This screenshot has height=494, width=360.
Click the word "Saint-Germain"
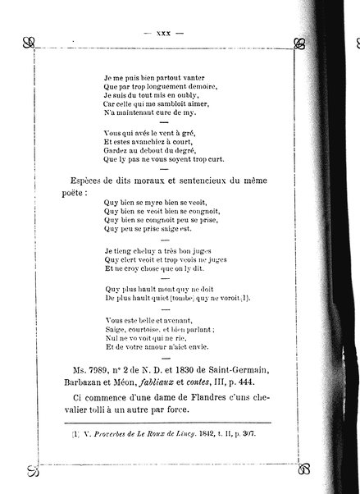point(251,373)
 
